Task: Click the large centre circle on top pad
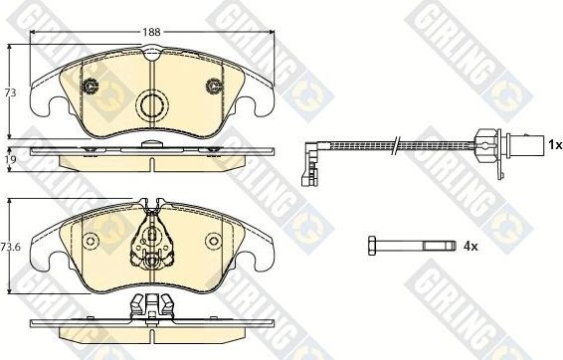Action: pos(151,104)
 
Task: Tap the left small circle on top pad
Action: pos(91,86)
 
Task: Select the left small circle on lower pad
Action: pos(90,240)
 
